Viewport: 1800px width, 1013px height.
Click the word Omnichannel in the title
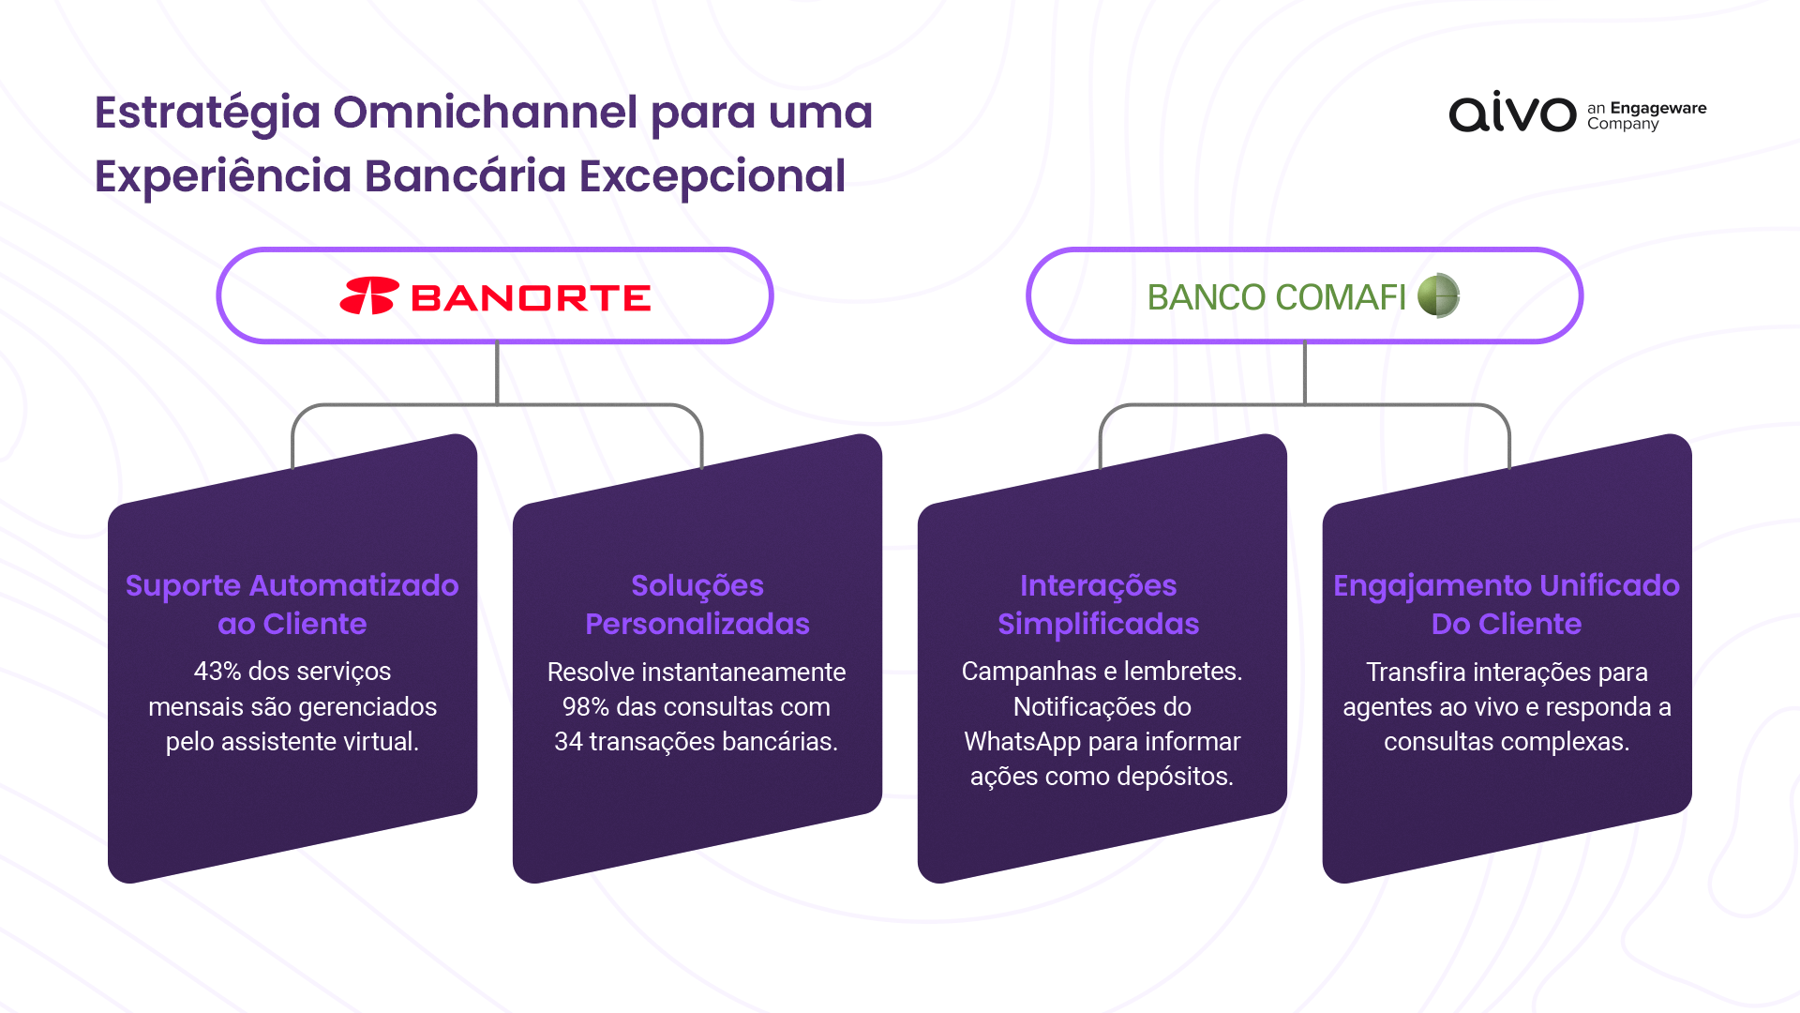tap(485, 113)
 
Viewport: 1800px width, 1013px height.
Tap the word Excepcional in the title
tap(712, 177)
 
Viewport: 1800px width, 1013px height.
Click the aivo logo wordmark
tap(1512, 113)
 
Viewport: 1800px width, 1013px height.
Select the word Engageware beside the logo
tap(1658, 108)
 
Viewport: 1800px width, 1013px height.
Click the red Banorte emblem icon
tap(369, 295)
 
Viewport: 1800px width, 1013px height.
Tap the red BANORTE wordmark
tap(531, 298)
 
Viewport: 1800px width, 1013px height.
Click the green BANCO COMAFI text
tap(1276, 297)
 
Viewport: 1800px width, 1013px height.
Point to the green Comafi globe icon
tap(1439, 295)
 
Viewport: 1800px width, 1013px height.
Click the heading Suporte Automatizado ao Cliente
tap(292, 604)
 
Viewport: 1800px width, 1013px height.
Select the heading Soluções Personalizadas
tap(697, 604)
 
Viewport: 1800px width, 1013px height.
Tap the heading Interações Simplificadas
tap(1099, 604)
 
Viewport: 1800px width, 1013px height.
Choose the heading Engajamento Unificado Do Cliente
tap(1507, 604)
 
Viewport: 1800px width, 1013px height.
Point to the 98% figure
tap(586, 707)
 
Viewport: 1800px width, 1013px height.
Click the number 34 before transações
tap(568, 742)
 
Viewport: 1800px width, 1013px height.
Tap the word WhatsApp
tap(1022, 743)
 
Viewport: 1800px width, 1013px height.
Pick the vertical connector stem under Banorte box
tap(497, 373)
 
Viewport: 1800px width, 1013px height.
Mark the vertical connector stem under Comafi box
tap(1305, 373)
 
